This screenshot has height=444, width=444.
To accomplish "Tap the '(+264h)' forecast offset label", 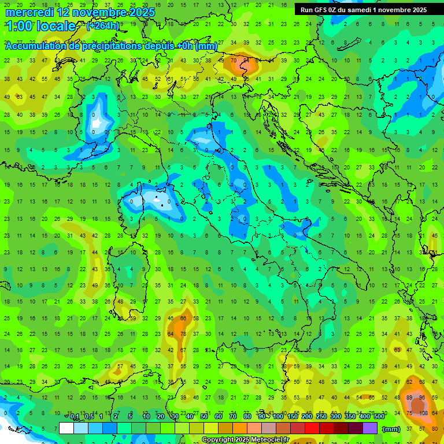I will pos(103,25).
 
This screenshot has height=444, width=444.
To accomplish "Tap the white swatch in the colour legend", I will pos(66,428).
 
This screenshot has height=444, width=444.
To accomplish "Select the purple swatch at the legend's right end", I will pos(370,428).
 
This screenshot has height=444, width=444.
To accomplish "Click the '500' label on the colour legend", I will pos(379,417).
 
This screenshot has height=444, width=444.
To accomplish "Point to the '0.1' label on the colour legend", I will pos(75,417).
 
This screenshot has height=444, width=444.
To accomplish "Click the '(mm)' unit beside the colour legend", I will pos(391,429).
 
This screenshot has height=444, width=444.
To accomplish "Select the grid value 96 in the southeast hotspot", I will pos(421,398).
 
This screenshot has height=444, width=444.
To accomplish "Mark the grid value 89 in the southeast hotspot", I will pos(409,398).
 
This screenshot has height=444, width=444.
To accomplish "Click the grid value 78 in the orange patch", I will pos(183,334).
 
